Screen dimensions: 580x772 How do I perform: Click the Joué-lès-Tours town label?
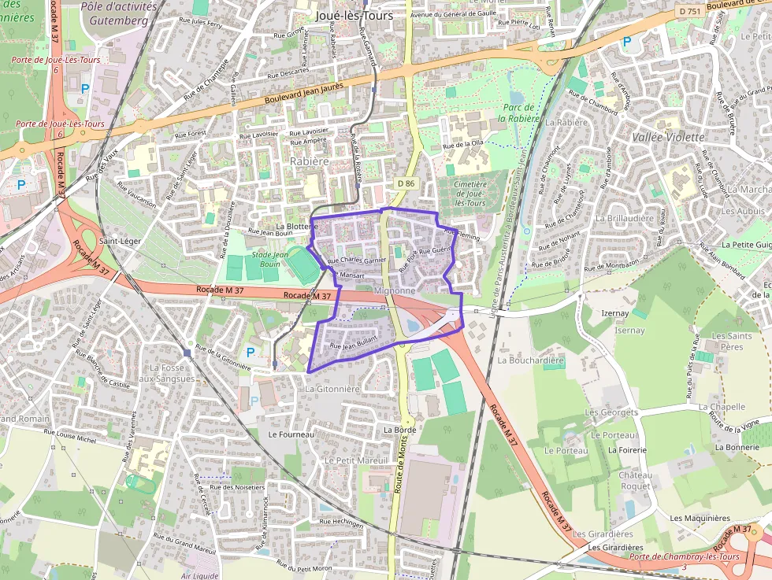353,15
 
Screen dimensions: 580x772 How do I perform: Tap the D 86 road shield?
406,183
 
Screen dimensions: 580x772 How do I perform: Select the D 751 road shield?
691,12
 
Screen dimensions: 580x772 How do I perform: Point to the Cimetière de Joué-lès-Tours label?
471,193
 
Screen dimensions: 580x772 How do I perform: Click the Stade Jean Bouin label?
270,259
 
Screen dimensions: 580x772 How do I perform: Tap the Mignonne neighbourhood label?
395,290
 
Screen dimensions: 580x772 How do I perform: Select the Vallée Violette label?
668,137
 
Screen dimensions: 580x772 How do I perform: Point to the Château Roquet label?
635,480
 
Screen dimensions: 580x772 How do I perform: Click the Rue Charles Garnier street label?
356,260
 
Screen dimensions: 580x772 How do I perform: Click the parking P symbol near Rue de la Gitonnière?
251,352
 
